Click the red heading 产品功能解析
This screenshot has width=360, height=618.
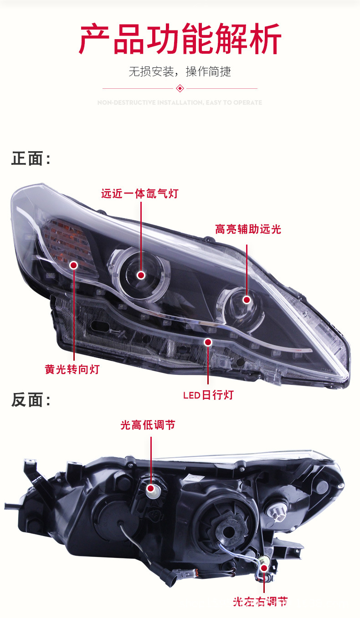pyautogui.click(x=180, y=39)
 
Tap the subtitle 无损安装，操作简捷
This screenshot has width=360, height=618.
pyautogui.click(x=180, y=72)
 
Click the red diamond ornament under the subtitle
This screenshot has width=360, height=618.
pyautogui.click(x=180, y=88)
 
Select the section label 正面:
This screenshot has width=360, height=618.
pyautogui.click(x=31, y=159)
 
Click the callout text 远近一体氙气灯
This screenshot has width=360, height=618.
pyautogui.click(x=139, y=194)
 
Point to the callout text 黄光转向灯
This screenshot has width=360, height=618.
pyautogui.click(x=72, y=369)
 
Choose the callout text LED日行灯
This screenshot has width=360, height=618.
pyautogui.click(x=208, y=395)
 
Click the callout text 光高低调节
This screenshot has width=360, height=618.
pyautogui.click(x=148, y=425)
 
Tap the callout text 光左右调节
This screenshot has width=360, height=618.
pyautogui.click(x=260, y=602)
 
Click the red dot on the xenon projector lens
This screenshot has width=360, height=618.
pyautogui.click(x=141, y=275)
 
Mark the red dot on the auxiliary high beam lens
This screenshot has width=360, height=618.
pyautogui.click(x=247, y=300)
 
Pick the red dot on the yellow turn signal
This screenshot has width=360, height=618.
pyautogui.click(x=73, y=265)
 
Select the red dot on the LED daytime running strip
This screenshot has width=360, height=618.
pyautogui.click(x=208, y=342)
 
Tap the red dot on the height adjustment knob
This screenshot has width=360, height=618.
pyautogui.click(x=151, y=489)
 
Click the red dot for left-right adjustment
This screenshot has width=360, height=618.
pyautogui.click(x=263, y=568)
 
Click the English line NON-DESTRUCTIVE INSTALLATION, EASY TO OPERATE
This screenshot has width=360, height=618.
pyautogui.click(x=180, y=102)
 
